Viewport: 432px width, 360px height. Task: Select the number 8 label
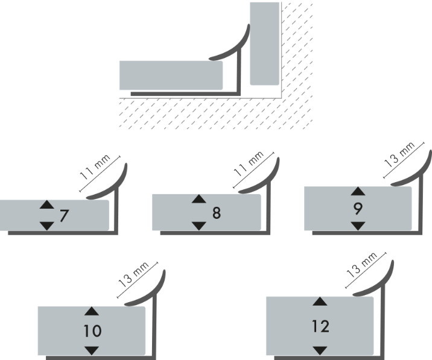click(217, 213)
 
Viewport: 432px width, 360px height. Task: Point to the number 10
click(92, 330)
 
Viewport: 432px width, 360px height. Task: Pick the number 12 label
click(321, 326)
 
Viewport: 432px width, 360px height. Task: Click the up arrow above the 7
click(46, 205)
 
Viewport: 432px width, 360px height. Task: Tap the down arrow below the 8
click(199, 226)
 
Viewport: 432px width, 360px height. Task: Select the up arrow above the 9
click(358, 191)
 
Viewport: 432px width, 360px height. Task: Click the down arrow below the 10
click(92, 350)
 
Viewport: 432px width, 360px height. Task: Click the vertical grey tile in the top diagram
click(265, 43)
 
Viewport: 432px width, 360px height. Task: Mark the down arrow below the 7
click(46, 226)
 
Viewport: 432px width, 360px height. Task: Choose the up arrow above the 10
click(92, 312)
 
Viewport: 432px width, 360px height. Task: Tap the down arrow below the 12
click(320, 350)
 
